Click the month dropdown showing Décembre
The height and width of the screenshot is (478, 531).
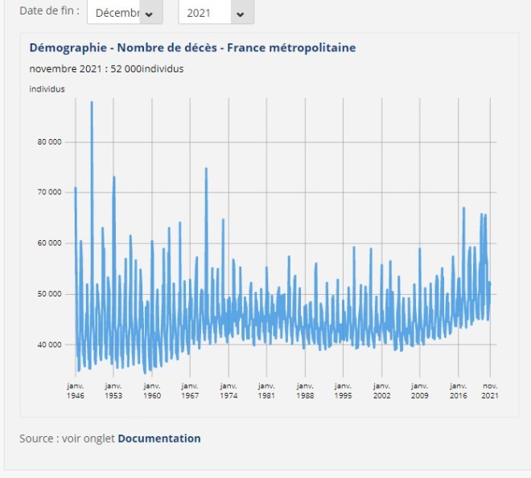point(124,13)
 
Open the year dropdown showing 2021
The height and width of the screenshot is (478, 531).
point(215,13)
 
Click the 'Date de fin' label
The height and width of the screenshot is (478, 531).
point(49,11)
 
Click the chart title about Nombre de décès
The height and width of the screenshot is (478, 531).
point(192,48)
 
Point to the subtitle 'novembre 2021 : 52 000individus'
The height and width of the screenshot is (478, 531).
point(106,69)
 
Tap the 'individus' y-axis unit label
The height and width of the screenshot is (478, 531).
point(47,89)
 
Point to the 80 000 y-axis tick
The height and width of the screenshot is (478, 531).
point(50,142)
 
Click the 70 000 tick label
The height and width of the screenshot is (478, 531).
point(50,193)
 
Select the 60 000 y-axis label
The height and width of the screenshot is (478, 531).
point(50,243)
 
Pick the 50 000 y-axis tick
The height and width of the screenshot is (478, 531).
point(50,294)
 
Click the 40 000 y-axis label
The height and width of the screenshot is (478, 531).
point(50,345)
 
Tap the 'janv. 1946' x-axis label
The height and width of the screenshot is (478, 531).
point(75,390)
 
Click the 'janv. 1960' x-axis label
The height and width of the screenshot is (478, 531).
point(151,390)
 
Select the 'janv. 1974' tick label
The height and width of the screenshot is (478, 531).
point(228,390)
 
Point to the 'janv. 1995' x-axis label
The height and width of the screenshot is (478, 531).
point(343,390)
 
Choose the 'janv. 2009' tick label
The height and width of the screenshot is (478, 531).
point(419,390)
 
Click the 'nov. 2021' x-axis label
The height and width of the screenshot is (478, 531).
point(489,390)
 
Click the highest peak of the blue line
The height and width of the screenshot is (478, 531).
point(92,103)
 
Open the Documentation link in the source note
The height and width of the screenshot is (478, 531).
point(159,439)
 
